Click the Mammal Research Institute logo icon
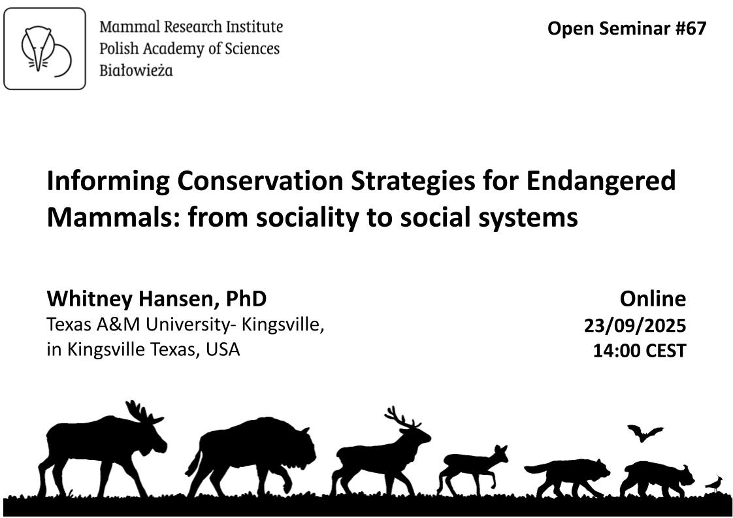pyautogui.click(x=45, y=48)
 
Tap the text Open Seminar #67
pyautogui.click(x=627, y=29)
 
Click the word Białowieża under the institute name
pyautogui.click(x=136, y=71)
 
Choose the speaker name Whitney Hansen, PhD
pyautogui.click(x=157, y=299)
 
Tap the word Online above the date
pyautogui.click(x=653, y=299)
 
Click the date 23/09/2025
pyautogui.click(x=635, y=325)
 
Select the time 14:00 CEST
pyautogui.click(x=639, y=351)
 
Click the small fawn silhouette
pyautogui.click(x=472, y=468)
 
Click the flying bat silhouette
pyautogui.click(x=644, y=433)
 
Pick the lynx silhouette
pyautogui.click(x=655, y=479)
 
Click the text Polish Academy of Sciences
pyautogui.click(x=189, y=48)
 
